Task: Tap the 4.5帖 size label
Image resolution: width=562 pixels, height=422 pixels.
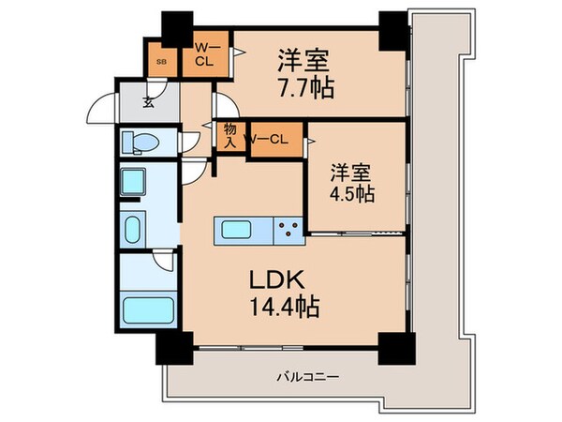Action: pos(351,193)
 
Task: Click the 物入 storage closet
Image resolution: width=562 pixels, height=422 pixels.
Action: pos(228,137)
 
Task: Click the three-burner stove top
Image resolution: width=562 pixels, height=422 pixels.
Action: pos(288,227)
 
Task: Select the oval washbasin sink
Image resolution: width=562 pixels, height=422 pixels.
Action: pos(133,228)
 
